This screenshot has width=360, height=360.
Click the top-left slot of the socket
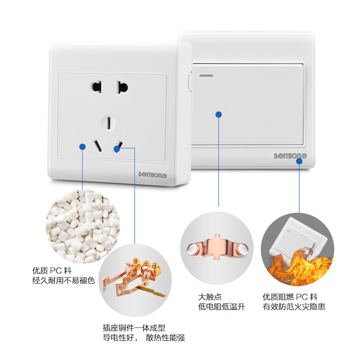point(96,86)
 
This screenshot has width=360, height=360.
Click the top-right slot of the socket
point(121,86)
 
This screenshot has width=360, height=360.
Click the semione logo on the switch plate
point(290,156)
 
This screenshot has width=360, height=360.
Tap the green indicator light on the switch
point(206,74)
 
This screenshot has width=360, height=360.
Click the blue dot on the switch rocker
point(219,115)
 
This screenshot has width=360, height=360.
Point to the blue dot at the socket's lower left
point(82,146)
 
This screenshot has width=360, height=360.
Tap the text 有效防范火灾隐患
point(294,307)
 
